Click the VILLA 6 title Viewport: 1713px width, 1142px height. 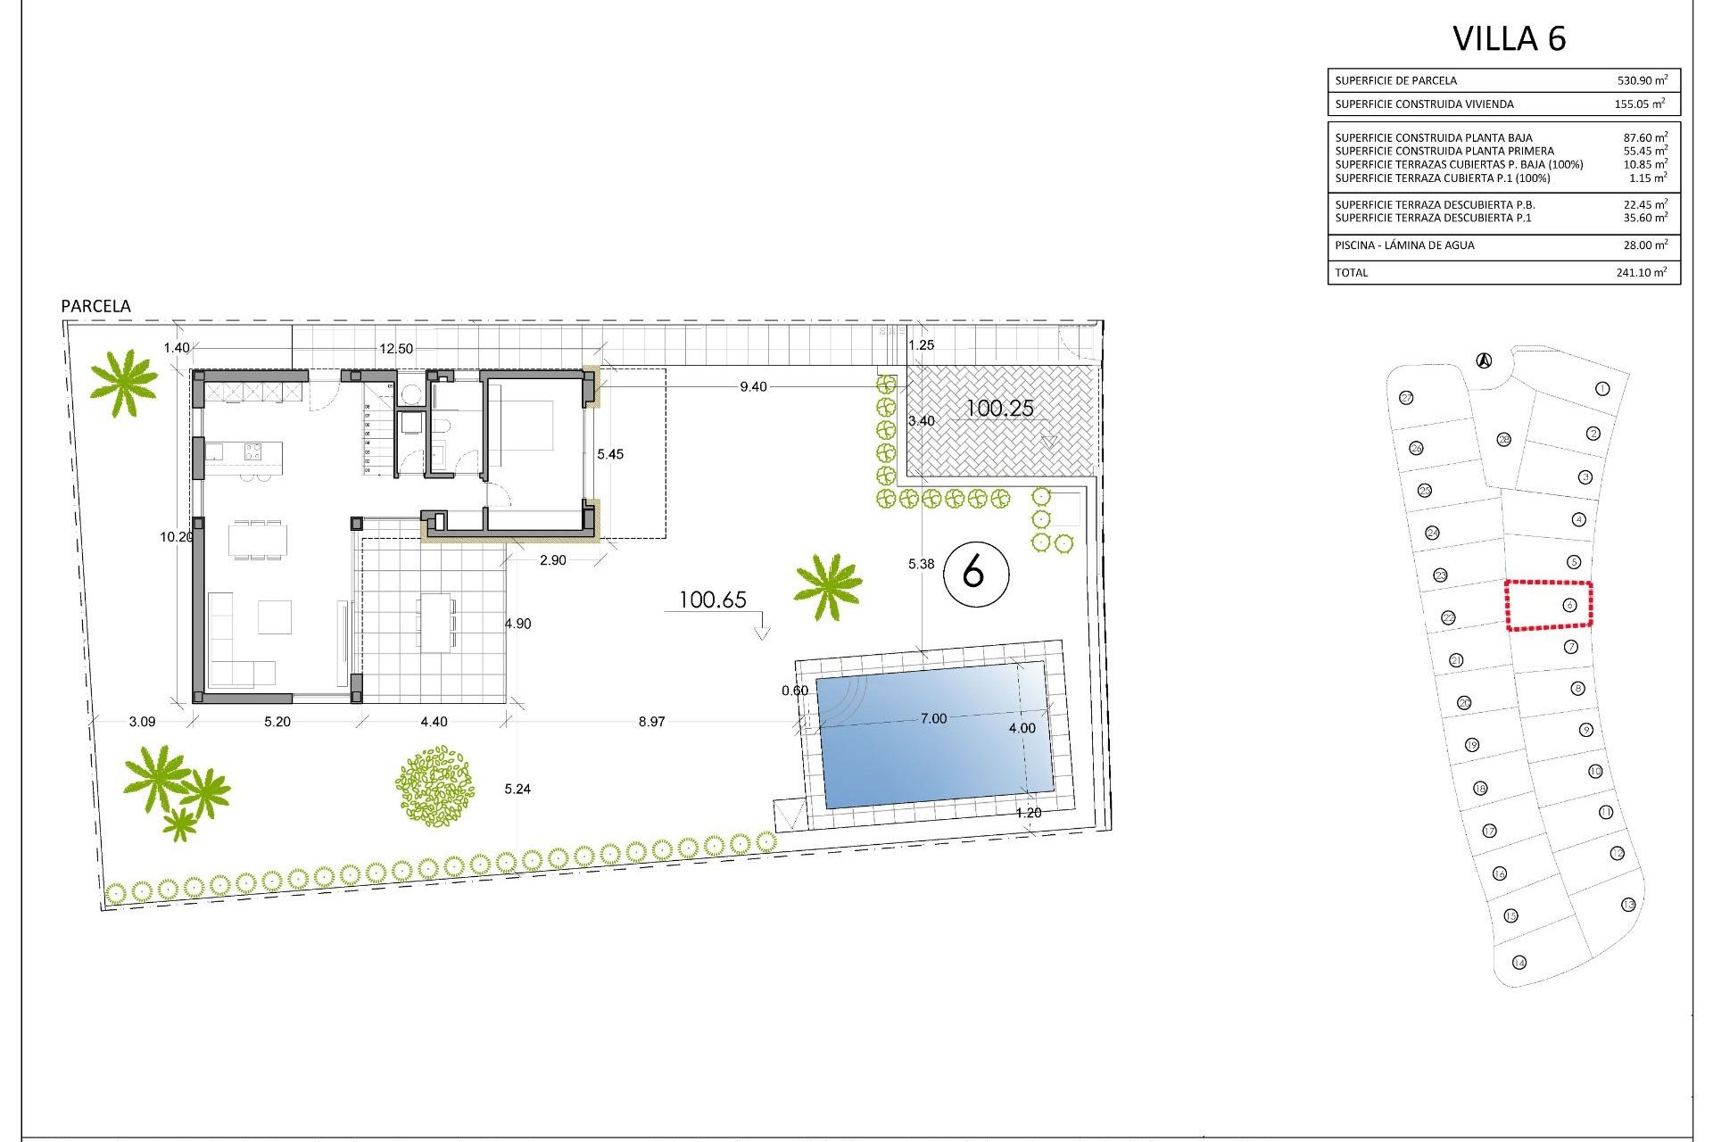1509,38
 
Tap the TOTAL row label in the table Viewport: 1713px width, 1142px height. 1352,272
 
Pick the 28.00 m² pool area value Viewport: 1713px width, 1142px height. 1642,244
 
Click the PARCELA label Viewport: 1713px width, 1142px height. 95,306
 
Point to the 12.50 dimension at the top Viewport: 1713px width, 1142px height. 396,349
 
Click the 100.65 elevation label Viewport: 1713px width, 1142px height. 712,600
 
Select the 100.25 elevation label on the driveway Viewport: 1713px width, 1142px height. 999,409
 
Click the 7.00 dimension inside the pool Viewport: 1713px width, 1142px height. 933,718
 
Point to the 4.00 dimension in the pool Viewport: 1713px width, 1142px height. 1022,728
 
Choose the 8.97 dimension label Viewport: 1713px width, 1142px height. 651,722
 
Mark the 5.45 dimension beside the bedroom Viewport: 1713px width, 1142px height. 610,454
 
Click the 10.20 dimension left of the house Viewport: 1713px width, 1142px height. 176,537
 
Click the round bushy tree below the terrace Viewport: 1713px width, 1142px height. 434,786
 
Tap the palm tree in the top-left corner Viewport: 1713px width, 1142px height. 123,383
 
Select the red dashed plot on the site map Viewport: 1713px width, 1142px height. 1549,606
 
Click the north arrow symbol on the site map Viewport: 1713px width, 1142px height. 1484,360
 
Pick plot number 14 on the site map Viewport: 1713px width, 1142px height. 1519,963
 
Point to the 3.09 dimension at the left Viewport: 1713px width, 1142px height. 142,722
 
